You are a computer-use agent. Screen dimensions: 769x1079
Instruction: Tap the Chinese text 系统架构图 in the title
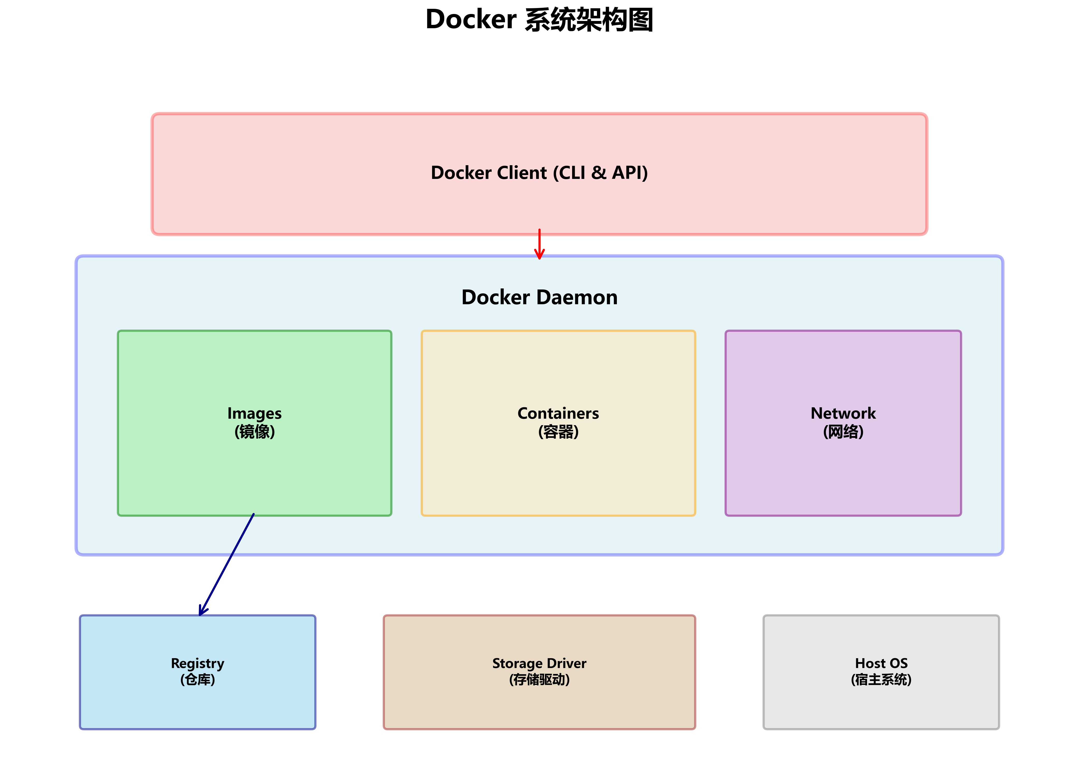[589, 20]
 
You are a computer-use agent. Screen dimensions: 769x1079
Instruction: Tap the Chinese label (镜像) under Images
[255, 432]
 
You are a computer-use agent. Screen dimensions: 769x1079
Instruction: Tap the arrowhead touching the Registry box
[203, 611]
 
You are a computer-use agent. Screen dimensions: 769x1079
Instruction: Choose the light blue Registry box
[197, 706]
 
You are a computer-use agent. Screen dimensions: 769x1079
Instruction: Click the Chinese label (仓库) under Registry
[197, 680]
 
